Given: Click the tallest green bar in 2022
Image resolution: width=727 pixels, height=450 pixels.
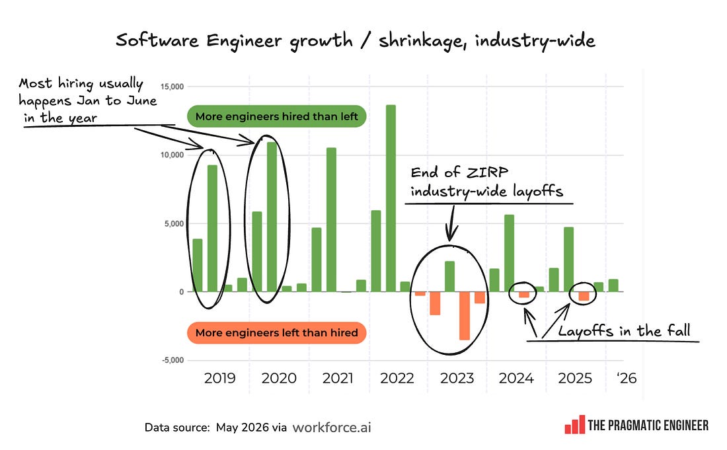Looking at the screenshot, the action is click(x=391, y=198).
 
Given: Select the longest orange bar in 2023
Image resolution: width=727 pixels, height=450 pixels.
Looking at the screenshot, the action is click(x=465, y=316).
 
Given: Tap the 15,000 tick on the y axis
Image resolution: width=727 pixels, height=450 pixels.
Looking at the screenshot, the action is click(x=172, y=87).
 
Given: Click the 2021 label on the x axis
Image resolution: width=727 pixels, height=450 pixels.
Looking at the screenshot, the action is click(x=338, y=378).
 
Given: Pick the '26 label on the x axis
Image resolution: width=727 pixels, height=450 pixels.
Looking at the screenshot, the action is click(x=627, y=378).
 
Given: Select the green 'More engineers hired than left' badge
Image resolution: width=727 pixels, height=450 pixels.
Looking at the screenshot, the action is click(x=276, y=116).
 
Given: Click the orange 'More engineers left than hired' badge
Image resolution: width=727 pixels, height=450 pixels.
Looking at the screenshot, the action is click(x=276, y=333).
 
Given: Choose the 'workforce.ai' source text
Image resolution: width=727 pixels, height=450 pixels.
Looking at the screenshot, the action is click(x=332, y=428).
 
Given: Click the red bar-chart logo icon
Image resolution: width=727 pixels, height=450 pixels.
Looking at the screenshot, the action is click(x=574, y=424).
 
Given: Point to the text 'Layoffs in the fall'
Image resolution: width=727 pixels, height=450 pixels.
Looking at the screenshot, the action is click(x=624, y=331).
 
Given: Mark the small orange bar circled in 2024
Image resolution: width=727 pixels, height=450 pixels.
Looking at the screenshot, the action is click(x=524, y=295).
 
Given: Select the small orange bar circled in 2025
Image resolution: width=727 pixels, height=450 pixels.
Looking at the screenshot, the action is click(x=584, y=296).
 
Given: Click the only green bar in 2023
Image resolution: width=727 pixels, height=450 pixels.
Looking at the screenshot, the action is click(x=449, y=277).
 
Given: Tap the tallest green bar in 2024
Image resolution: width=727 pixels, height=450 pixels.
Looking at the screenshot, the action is click(x=509, y=253).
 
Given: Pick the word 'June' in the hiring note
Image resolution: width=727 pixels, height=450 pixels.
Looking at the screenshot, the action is click(x=141, y=100).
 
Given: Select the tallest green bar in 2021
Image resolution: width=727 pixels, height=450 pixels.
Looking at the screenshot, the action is click(x=331, y=219).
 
